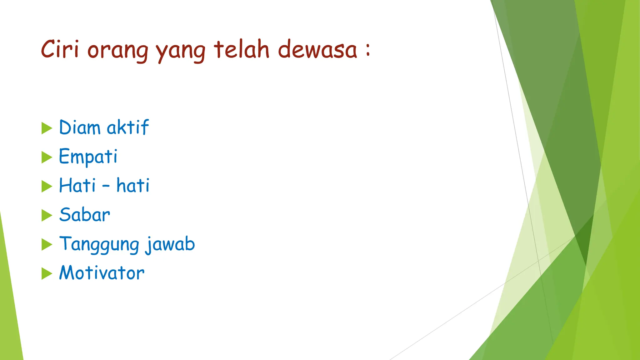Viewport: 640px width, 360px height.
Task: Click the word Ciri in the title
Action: coord(59,49)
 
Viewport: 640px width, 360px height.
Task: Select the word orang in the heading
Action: coord(117,51)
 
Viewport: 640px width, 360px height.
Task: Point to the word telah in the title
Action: coord(241,49)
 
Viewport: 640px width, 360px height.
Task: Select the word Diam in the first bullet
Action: coord(80,127)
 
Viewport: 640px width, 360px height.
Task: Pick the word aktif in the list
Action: coord(127,127)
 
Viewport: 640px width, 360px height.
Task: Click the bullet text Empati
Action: coord(88,156)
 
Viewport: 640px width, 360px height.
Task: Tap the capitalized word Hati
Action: coord(77,185)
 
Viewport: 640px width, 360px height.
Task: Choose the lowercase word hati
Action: coord(133,185)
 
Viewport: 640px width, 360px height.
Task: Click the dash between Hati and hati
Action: coord(106,187)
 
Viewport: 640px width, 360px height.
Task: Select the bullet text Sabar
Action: coord(85,215)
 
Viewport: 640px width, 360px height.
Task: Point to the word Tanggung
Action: coord(99,244)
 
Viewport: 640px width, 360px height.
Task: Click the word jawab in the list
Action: coord(170,244)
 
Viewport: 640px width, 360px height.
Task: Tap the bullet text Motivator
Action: coord(102,273)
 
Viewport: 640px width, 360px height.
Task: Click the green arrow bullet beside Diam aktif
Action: coord(47,128)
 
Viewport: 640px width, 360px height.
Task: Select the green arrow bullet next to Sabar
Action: coord(47,215)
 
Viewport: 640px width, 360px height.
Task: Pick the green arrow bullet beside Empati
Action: coord(47,157)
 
